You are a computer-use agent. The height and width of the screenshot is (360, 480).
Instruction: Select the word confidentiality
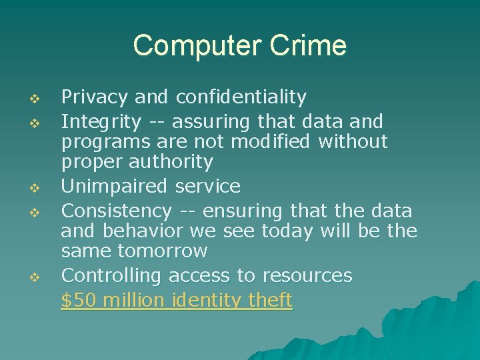tap(241, 97)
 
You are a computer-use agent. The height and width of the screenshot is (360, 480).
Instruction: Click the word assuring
tap(215, 123)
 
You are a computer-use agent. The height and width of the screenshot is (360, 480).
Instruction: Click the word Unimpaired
tap(113, 186)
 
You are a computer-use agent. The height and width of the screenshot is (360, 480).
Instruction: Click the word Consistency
tap(117, 211)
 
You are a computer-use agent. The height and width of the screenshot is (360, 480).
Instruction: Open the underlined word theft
tap(270, 301)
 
